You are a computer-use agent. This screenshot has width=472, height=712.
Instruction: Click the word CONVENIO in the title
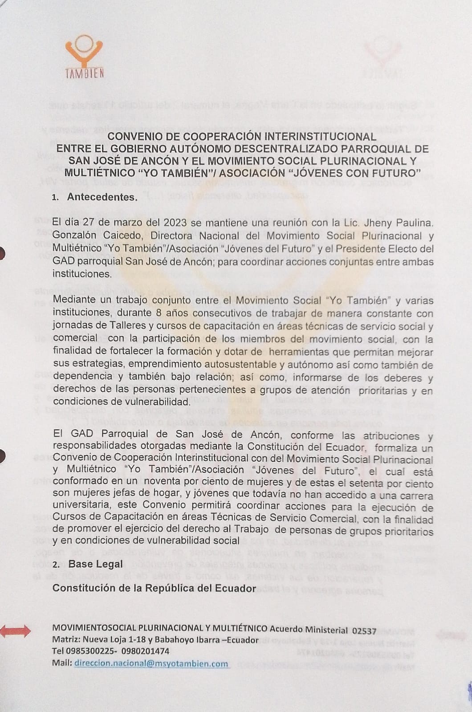133,136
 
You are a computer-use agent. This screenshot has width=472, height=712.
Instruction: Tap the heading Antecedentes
102,197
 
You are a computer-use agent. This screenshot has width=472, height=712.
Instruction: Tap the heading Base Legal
95,564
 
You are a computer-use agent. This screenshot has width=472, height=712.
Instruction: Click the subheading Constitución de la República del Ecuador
154,588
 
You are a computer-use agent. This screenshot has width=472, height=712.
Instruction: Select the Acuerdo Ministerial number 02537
364,631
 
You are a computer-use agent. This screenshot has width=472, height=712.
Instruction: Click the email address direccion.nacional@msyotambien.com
151,663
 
